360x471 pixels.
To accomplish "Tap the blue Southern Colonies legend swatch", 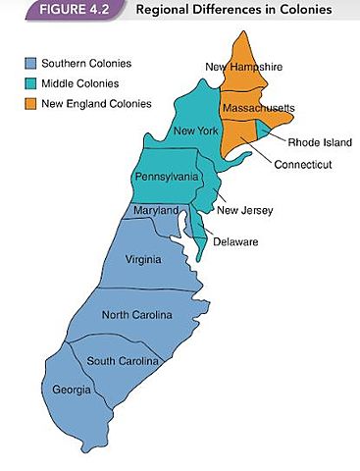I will (x=31, y=64).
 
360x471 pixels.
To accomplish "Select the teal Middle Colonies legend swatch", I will (x=31, y=83).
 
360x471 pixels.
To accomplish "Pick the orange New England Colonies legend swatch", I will (x=31, y=103).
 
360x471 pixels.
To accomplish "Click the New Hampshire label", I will (x=244, y=67).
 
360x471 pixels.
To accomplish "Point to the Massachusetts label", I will (x=259, y=107).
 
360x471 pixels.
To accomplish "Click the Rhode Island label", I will (x=313, y=141).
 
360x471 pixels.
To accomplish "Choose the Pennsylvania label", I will (x=168, y=178).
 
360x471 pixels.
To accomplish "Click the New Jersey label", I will (x=245, y=210).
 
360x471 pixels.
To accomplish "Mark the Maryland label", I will (x=156, y=211).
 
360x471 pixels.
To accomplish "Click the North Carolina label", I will (x=137, y=315).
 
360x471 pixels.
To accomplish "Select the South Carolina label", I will (x=124, y=361).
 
